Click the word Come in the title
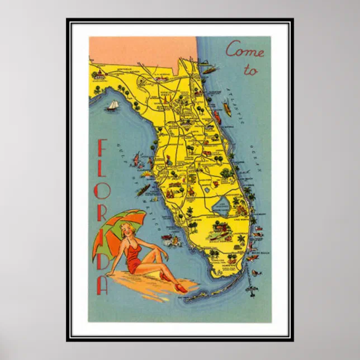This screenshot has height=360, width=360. click(244, 51)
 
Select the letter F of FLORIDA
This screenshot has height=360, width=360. click(102, 149)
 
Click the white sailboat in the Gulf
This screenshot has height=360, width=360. click(113, 106)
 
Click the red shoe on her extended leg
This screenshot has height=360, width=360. click(181, 288)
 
